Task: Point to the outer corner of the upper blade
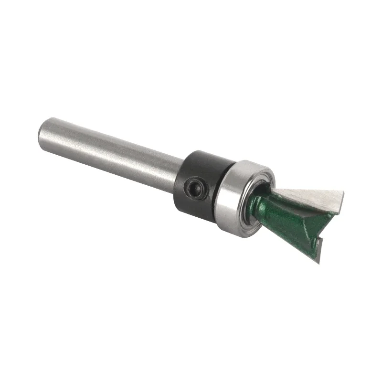click(x=342, y=193)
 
